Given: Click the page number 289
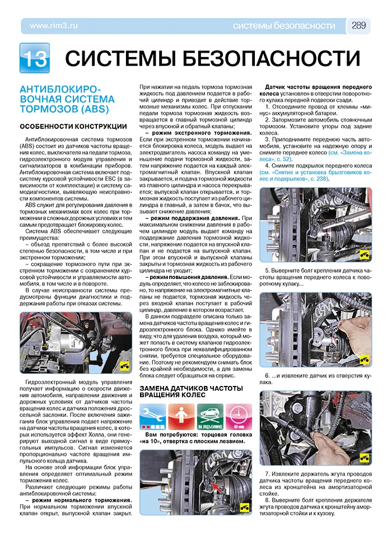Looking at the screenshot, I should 359,25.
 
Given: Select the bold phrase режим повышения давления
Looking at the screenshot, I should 186,277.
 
